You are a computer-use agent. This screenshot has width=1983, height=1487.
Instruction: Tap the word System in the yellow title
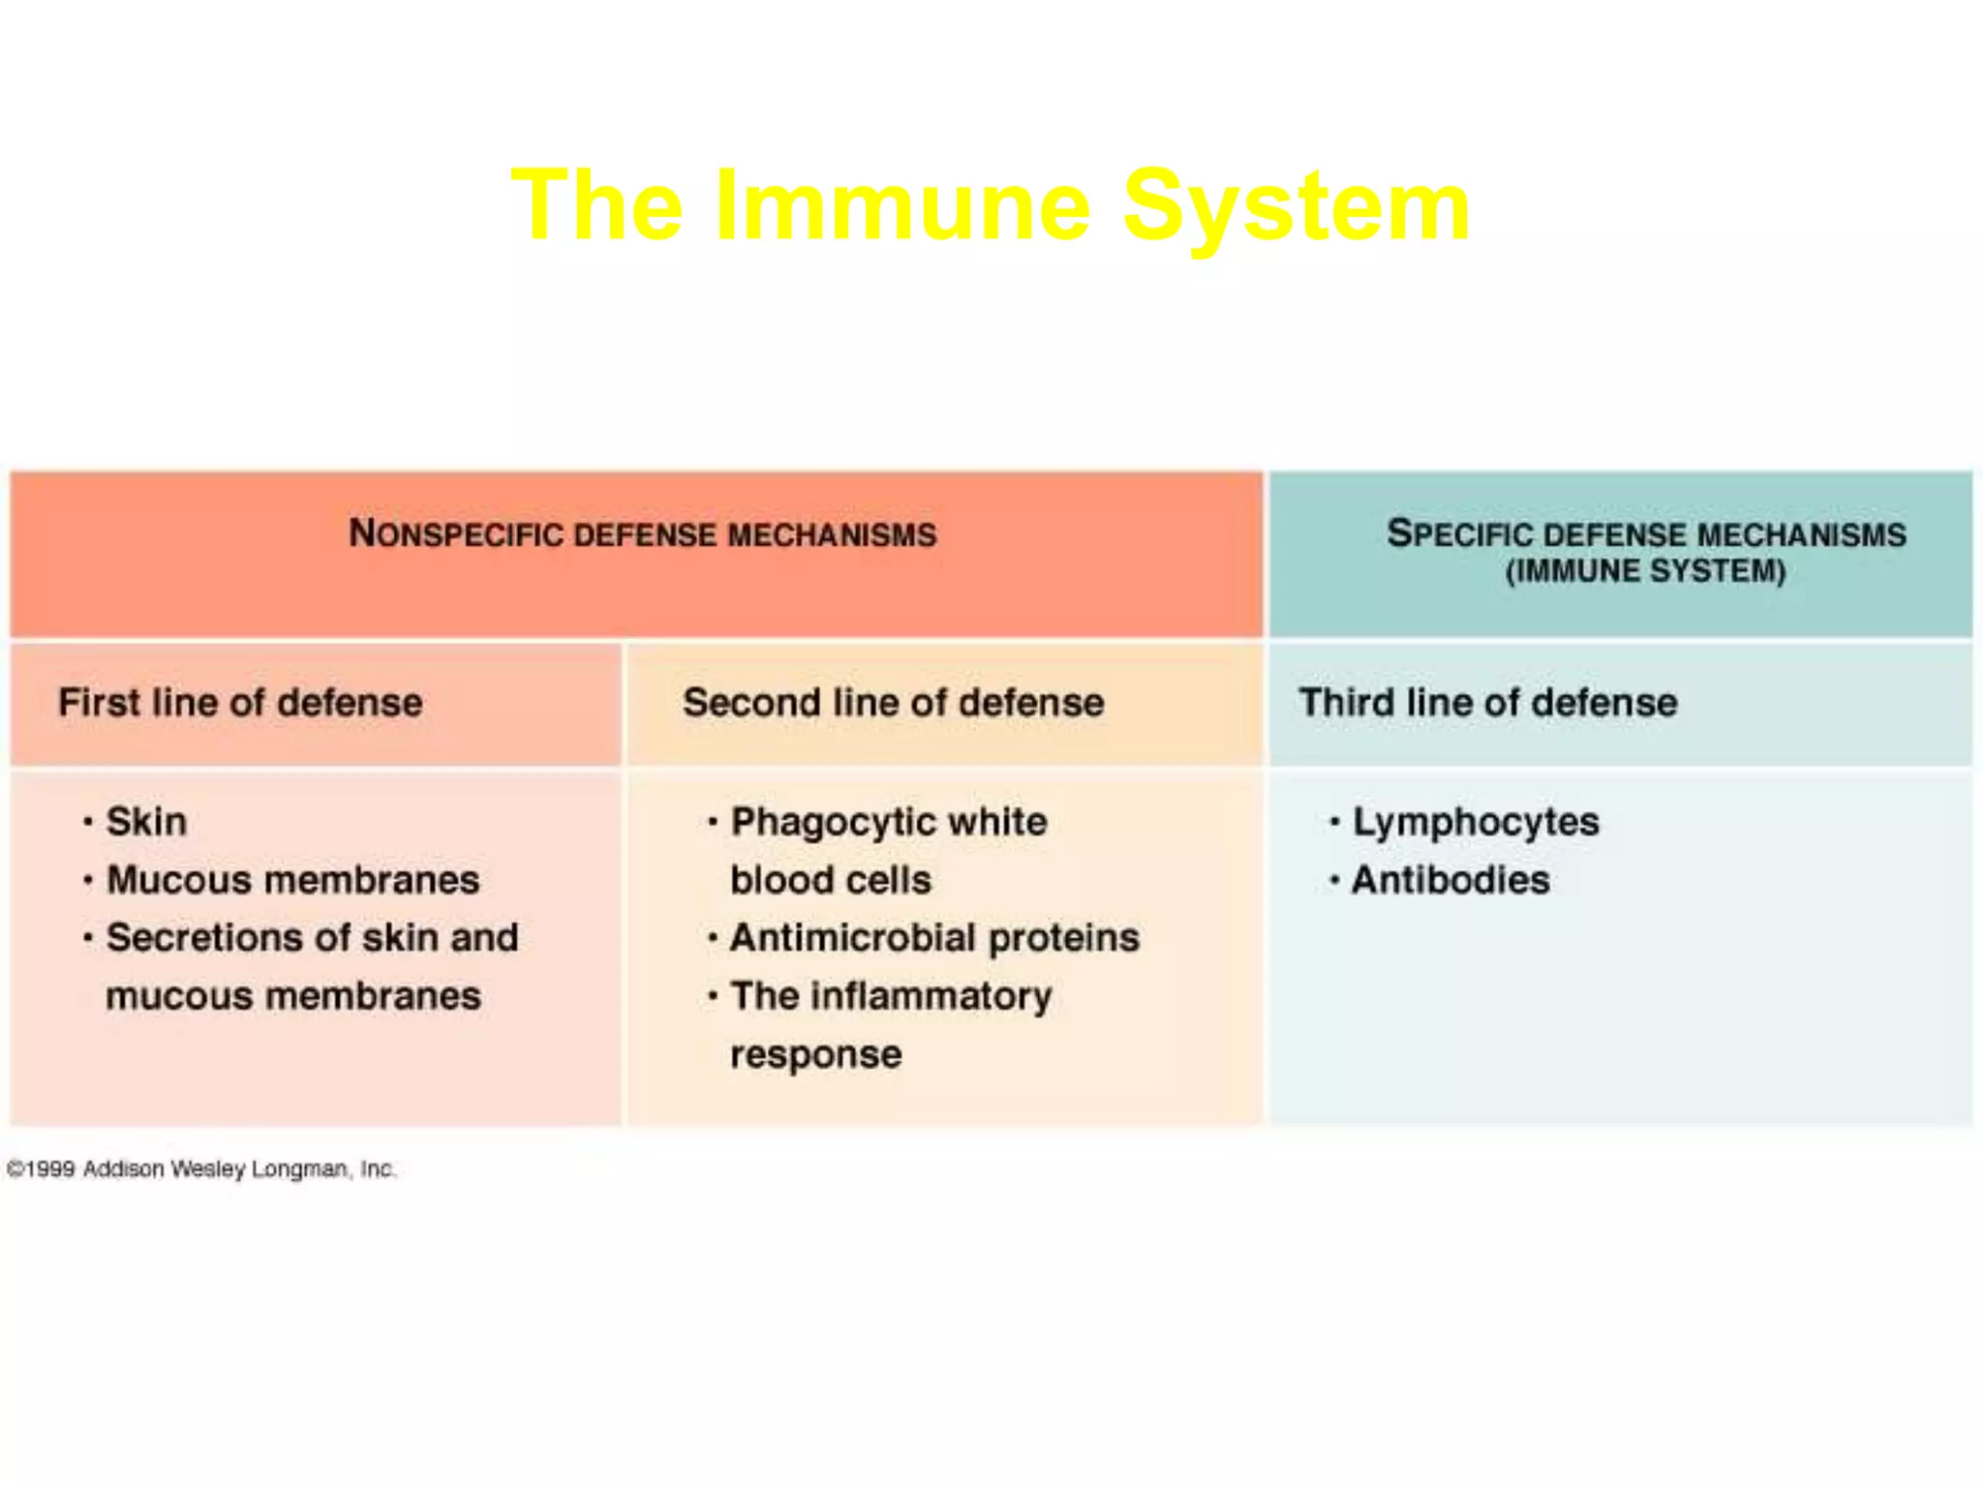tap(1297, 207)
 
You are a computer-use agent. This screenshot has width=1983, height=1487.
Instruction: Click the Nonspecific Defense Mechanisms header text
tap(643, 534)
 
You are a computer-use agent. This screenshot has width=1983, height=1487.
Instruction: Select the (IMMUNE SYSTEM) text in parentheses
tap(1645, 571)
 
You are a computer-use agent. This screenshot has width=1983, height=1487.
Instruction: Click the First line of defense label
tap(240, 703)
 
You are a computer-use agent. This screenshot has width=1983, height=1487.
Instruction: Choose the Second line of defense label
tap(893, 703)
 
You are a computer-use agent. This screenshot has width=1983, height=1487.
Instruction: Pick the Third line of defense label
tap(1487, 703)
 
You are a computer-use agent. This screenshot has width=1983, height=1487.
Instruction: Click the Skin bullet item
tap(146, 822)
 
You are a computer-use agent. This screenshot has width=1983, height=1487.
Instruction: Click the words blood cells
tap(831, 880)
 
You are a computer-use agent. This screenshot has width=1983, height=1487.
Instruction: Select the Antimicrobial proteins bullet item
tap(934, 937)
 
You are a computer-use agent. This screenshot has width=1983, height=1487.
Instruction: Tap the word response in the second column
tap(815, 1054)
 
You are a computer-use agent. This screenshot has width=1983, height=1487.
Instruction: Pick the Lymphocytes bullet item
tap(1475, 822)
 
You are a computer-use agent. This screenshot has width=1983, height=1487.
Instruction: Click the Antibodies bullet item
tap(1450, 880)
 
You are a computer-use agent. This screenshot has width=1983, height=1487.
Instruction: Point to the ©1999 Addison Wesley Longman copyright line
tap(201, 1169)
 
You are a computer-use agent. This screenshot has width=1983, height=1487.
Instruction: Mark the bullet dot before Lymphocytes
tap(1334, 823)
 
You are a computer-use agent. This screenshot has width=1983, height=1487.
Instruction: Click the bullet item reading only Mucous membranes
tap(292, 880)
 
